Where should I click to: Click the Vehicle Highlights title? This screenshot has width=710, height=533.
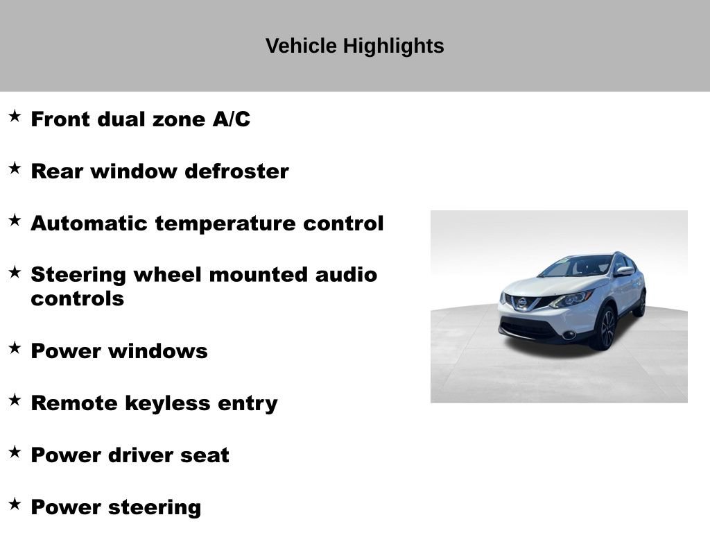pos(354,46)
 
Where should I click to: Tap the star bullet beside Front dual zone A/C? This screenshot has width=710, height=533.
pos(15,116)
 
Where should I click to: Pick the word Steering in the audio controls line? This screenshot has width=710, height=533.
pos(78,275)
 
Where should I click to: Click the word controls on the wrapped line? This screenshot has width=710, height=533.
pos(77,299)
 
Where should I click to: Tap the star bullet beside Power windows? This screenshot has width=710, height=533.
pos(15,348)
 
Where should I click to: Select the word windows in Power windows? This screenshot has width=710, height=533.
pos(164,351)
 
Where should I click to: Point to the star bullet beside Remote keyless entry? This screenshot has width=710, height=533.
pos(15,400)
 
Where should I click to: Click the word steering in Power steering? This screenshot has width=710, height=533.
pos(158,507)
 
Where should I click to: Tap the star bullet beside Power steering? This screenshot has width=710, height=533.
pos(15,504)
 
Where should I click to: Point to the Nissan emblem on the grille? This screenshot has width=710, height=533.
pos(521,302)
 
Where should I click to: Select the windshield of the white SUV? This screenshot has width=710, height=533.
pos(576,266)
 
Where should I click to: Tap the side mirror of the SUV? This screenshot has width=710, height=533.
pos(623,271)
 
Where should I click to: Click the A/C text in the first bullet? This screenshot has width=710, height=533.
pos(231,119)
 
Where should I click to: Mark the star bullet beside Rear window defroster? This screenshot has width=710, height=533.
pos(15,168)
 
